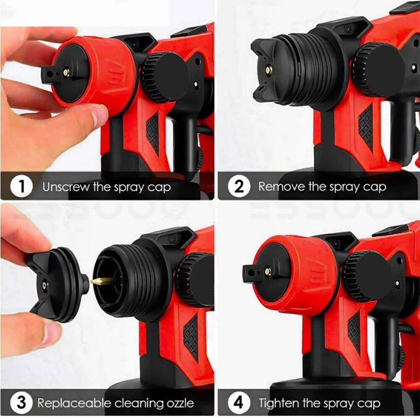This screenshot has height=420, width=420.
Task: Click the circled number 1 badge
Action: tap(21, 186)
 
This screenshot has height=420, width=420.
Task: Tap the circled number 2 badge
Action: tap(239, 186)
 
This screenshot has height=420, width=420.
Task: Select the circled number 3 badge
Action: tap(21, 403)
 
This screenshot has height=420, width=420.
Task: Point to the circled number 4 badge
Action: tap(239, 403)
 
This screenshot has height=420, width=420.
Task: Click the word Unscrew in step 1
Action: tap(66, 187)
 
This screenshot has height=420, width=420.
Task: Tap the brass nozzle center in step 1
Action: tap(66, 73)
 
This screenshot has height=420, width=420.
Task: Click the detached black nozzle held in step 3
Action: tap(57, 283)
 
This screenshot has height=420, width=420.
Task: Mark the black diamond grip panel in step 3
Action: tap(191, 336)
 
